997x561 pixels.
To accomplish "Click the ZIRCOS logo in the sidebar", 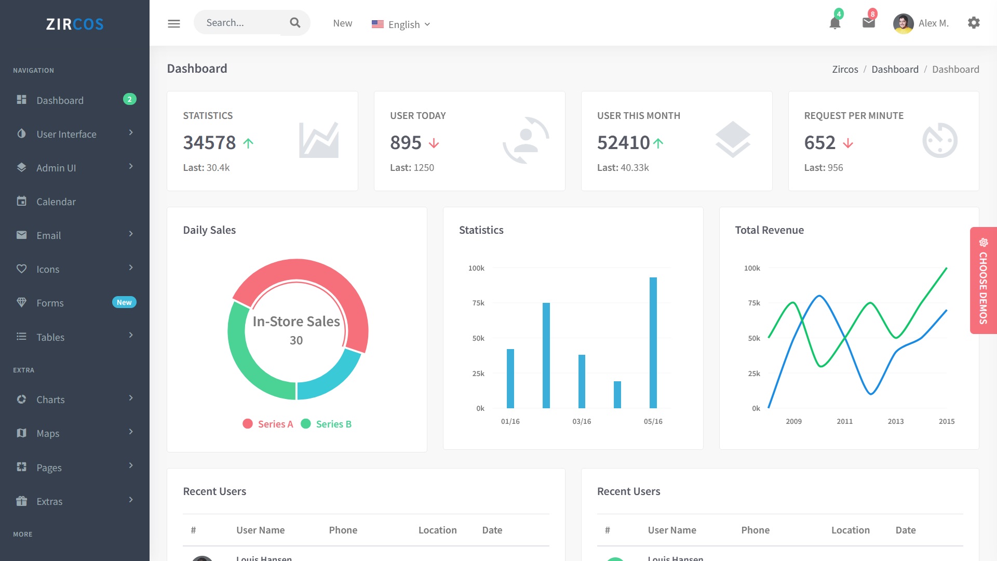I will point(75,24).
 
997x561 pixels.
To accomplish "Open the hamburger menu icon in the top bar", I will point(174,23).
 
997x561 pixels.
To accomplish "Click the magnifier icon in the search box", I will point(295,23).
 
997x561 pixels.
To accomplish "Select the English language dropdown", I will point(401,24).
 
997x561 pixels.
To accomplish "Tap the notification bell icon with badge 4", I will point(835,23).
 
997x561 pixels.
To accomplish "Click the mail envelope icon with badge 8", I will point(869,23).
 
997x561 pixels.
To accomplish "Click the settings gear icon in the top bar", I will point(974,23).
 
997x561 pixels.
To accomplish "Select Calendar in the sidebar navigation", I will point(56,202).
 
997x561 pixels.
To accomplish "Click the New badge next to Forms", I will point(124,302).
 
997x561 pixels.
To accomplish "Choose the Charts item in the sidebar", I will point(50,399).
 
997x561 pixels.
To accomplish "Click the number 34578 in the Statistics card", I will point(209,142).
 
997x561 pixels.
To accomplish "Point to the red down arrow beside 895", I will point(434,143).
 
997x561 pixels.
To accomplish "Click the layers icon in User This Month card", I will point(733,139).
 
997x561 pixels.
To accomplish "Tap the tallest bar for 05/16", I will point(653,343).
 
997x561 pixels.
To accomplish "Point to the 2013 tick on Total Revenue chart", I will point(896,421).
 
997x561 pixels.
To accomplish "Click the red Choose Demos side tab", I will point(983,280).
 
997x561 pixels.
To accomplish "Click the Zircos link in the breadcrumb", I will point(845,69).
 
